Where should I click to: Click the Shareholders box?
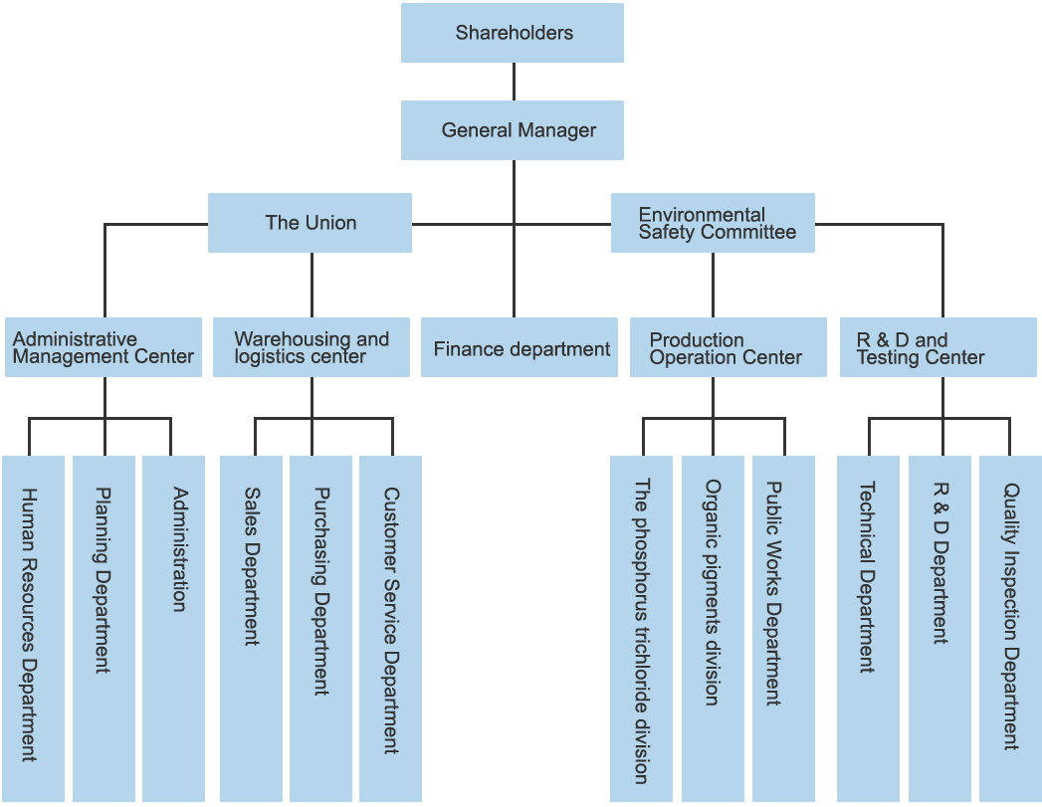pyautogui.click(x=513, y=33)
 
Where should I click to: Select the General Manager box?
pyautogui.click(x=513, y=130)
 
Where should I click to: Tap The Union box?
pyautogui.click(x=310, y=223)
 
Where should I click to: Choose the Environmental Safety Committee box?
pyautogui.click(x=713, y=223)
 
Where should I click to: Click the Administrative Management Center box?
pyautogui.click(x=104, y=347)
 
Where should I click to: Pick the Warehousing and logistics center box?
pyautogui.click(x=312, y=347)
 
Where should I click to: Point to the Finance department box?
pyautogui.click(x=520, y=348)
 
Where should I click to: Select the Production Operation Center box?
pyautogui.click(x=728, y=347)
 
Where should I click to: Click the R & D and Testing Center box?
pyautogui.click(x=938, y=347)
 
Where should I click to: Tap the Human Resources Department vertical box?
pyautogui.click(x=33, y=628)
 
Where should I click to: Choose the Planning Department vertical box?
pyautogui.click(x=104, y=628)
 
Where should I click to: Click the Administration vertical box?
pyautogui.click(x=173, y=628)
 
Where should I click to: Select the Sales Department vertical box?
pyautogui.click(x=251, y=628)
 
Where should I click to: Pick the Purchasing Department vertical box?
pyautogui.click(x=320, y=628)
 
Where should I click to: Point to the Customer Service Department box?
pyautogui.click(x=390, y=628)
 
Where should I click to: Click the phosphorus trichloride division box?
pyautogui.click(x=641, y=628)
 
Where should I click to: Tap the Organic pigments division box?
pyautogui.click(x=713, y=628)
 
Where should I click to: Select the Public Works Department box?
pyautogui.click(x=783, y=628)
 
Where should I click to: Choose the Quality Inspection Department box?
pyautogui.click(x=1010, y=628)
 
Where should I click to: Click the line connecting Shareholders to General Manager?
pyautogui.click(x=514, y=82)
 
